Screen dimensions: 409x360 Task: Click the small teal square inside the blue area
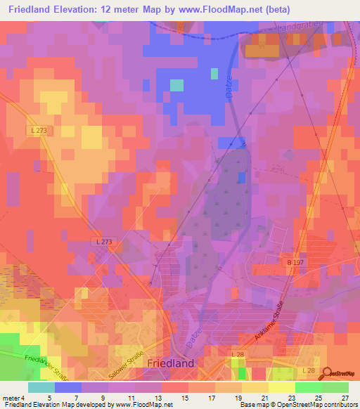coord(176,85)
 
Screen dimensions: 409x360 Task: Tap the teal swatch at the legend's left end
coord(41,387)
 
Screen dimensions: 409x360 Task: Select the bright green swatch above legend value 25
coord(308,387)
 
